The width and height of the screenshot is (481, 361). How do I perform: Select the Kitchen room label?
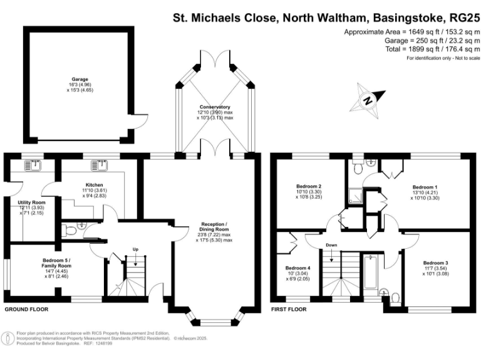click(x=95, y=186)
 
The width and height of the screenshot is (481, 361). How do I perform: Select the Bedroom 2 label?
click(x=309, y=186)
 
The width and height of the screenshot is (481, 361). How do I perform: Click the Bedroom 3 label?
click(x=435, y=263)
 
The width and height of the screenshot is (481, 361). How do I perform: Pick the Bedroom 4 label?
click(x=298, y=268)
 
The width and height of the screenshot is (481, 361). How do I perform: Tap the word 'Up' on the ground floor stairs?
click(x=135, y=249)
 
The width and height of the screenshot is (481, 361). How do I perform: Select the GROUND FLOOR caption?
click(x=26, y=310)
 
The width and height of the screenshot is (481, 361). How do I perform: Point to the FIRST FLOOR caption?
click(x=289, y=310)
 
